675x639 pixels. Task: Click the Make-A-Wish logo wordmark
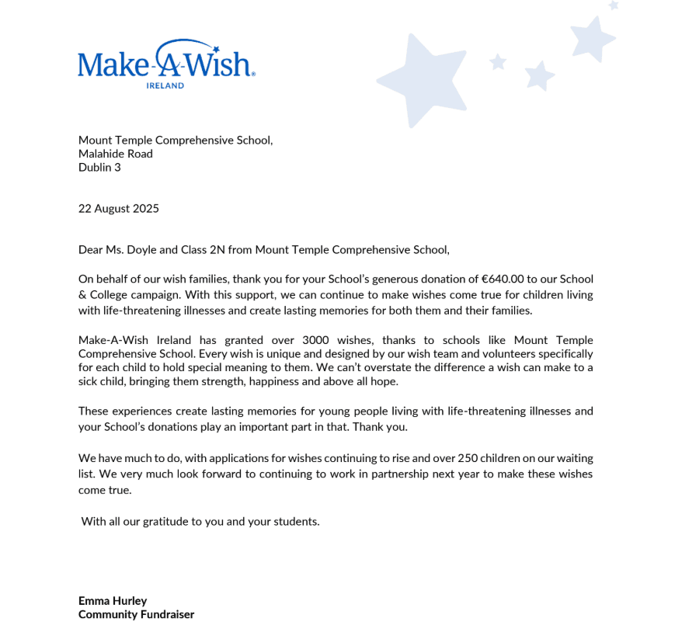(x=166, y=62)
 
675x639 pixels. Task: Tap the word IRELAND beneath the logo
(x=165, y=85)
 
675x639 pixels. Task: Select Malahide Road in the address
(x=116, y=154)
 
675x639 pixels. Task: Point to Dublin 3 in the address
(x=99, y=167)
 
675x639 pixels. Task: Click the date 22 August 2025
(x=119, y=208)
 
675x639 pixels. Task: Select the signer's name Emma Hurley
(x=113, y=601)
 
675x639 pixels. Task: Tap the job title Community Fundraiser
(x=136, y=614)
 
